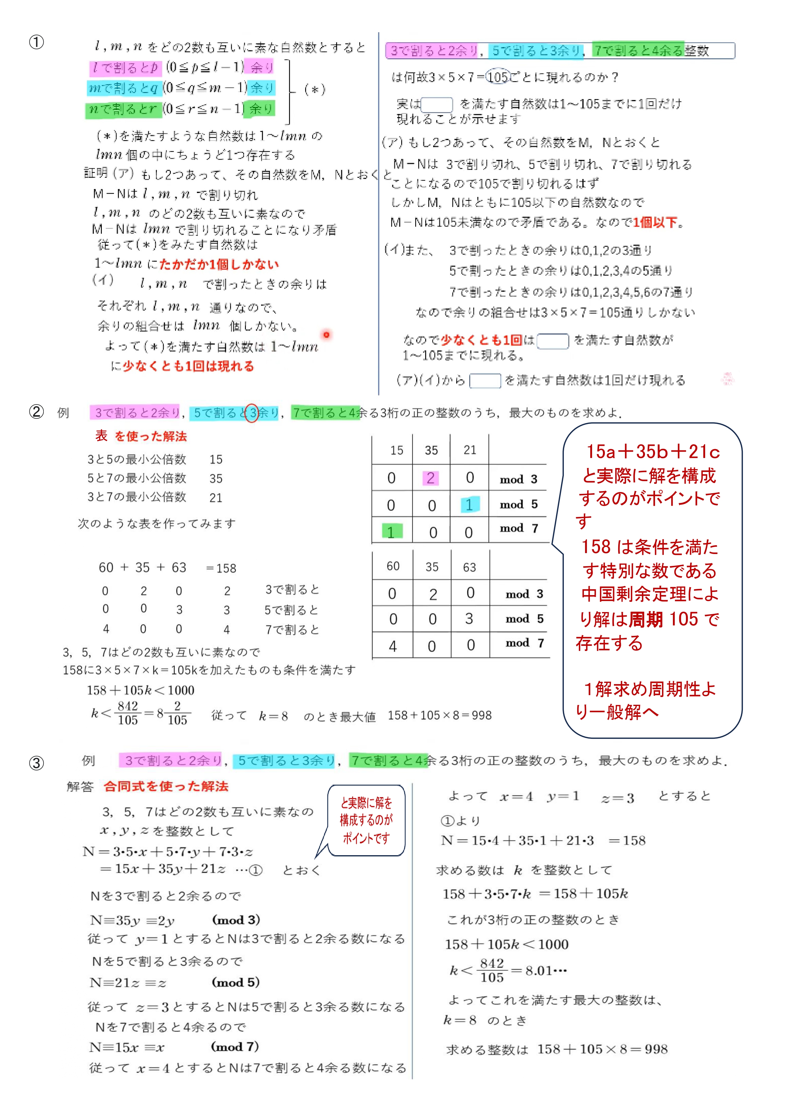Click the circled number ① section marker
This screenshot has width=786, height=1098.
pos(36,43)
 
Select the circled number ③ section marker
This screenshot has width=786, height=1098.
pos(36,763)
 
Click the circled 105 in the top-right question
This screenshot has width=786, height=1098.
pos(498,77)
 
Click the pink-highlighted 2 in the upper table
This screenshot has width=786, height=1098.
pos(430,478)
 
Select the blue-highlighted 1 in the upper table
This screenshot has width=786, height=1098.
pos(469,505)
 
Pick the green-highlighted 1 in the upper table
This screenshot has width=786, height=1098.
pos(391,532)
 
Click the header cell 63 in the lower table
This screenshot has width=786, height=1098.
pos(470,567)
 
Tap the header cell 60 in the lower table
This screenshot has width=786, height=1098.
pos(393,566)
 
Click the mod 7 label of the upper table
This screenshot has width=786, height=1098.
pos(519,528)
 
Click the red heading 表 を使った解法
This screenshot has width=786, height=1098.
pos(141,436)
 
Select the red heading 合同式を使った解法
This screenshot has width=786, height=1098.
pos(166,786)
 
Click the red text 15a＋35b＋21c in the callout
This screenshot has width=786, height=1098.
pos(653,452)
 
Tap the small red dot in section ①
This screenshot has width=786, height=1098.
pos(327,334)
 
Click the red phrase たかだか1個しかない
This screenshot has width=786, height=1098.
pos(219,264)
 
